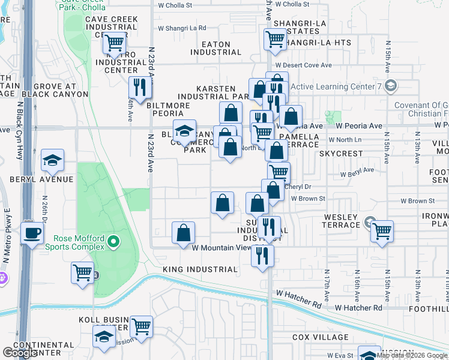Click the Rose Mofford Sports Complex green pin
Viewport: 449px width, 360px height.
(x=112, y=242)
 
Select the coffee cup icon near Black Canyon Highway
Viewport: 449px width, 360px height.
(x=32, y=233)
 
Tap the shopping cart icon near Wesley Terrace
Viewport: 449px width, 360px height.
(x=381, y=230)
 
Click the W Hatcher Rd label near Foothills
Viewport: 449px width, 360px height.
(x=358, y=308)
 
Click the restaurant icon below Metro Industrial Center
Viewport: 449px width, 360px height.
(x=139, y=88)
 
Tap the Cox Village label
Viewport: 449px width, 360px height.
(x=317, y=337)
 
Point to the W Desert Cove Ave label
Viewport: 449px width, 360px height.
(x=303, y=65)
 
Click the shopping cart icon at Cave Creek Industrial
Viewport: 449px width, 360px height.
(x=113, y=44)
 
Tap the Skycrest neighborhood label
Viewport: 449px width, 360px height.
(x=341, y=154)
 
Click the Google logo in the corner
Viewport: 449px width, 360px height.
(x=20, y=353)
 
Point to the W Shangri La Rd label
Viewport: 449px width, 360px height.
(x=181, y=28)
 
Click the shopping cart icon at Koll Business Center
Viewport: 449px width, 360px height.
(x=142, y=327)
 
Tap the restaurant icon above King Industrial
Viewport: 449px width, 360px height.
(x=262, y=256)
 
